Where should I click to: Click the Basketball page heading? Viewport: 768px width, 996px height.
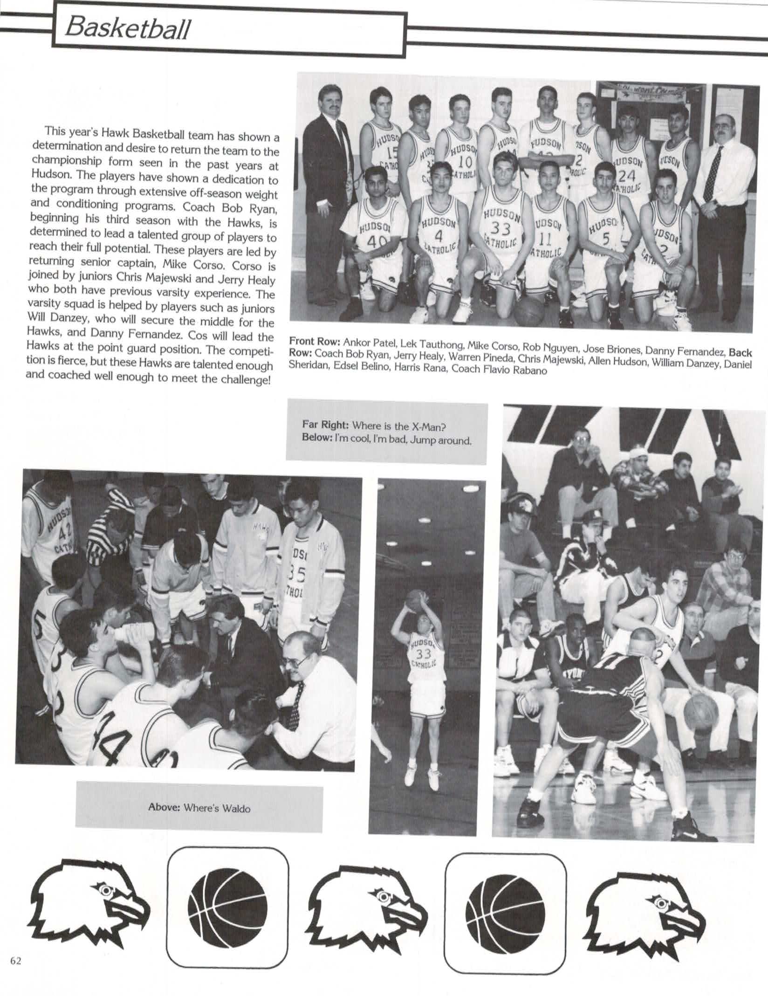(x=127, y=29)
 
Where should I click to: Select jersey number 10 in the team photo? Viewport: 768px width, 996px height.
(x=465, y=161)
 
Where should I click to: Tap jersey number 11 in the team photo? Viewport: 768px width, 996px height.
(x=546, y=240)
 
